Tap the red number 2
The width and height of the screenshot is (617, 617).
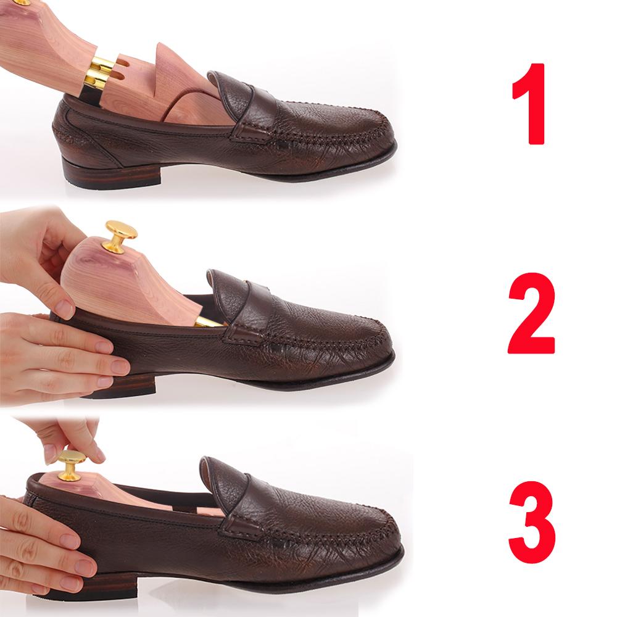point(531,313)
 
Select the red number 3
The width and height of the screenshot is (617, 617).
point(532,522)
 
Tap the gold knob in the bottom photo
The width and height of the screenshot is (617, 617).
point(70,466)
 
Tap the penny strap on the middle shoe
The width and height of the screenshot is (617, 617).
point(246,305)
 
